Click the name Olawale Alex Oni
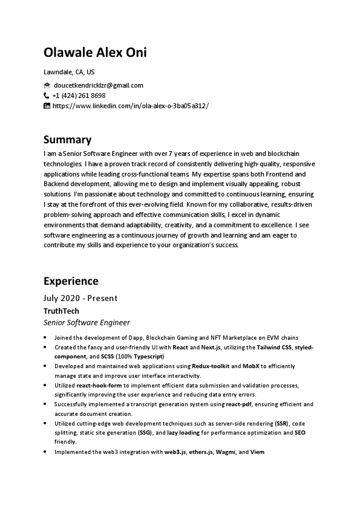click(95, 53)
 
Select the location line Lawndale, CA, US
click(69, 72)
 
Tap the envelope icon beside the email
click(47, 85)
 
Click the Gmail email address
click(98, 85)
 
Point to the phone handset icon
click(47, 96)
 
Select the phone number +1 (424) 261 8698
click(79, 96)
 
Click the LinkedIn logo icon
click(47, 106)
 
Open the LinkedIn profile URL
click(131, 106)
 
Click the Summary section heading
click(67, 140)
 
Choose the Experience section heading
click(71, 281)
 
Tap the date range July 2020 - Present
click(80, 298)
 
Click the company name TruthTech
click(61, 311)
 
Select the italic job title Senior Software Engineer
click(87, 323)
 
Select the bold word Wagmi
click(226, 452)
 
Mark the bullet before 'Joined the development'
click(46, 338)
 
